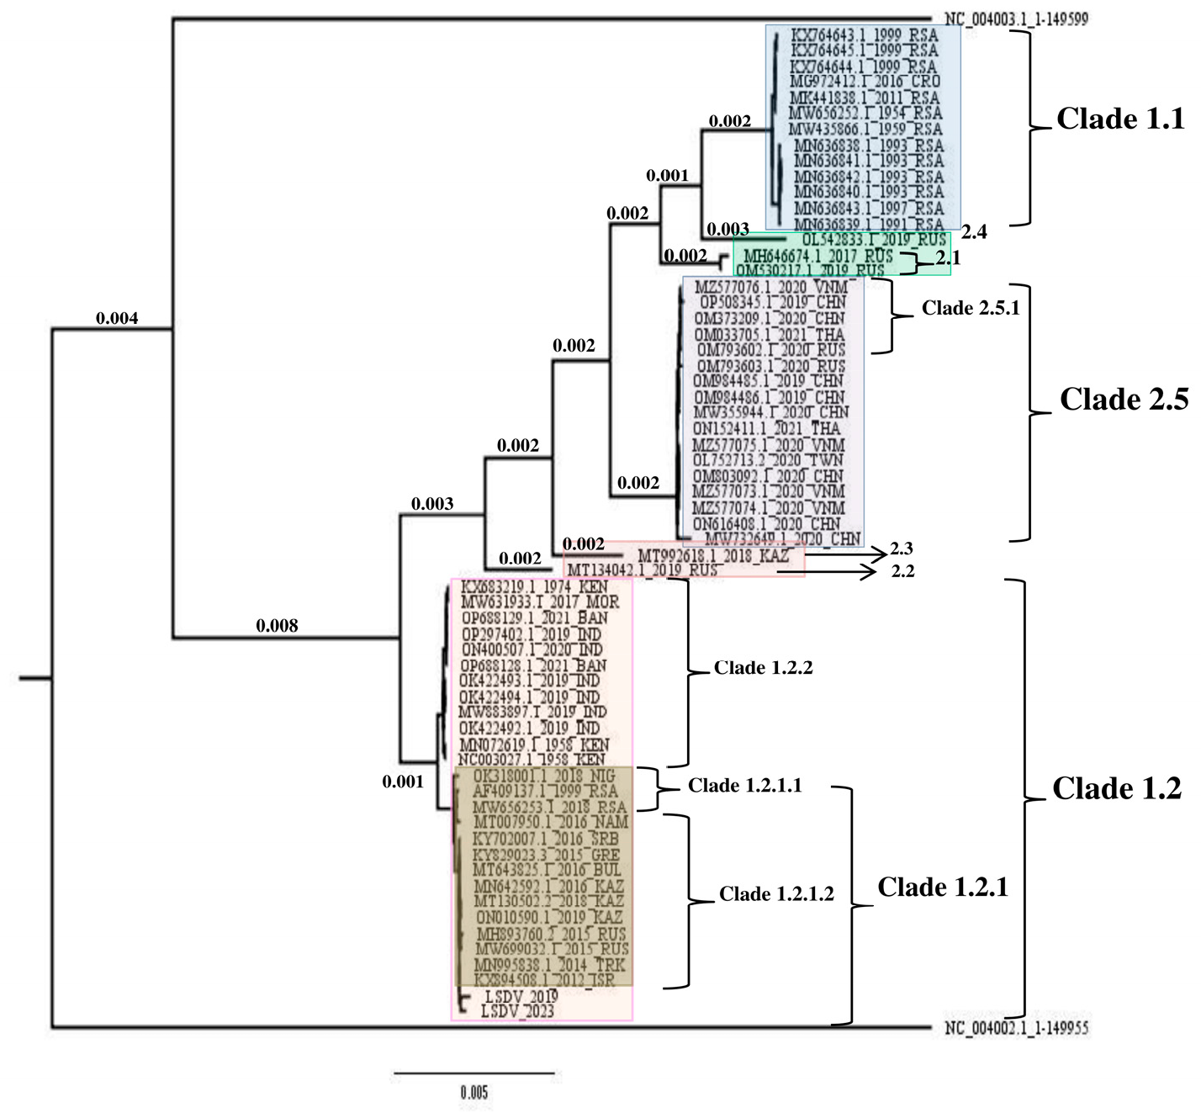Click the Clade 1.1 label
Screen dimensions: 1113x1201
[x=1119, y=119]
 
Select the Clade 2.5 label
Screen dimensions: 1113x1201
[x=1124, y=400]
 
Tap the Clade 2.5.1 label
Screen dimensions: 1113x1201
[x=970, y=309]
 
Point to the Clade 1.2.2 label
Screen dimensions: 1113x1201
[x=763, y=668]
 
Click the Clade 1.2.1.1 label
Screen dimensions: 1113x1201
[x=744, y=786]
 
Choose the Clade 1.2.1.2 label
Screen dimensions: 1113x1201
[x=775, y=894]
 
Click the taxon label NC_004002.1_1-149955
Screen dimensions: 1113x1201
[x=1016, y=1028]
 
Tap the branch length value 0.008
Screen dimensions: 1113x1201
[x=277, y=626]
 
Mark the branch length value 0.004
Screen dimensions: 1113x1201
[x=117, y=319]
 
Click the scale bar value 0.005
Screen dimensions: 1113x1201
[x=474, y=1093]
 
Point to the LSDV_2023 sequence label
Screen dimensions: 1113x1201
[x=517, y=1011]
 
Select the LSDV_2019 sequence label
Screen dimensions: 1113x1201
[x=521, y=996]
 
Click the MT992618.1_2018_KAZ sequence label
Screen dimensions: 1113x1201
[x=713, y=556]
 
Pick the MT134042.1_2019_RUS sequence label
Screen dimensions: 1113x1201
[x=643, y=570]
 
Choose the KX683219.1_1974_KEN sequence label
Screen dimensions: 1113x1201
[x=534, y=586]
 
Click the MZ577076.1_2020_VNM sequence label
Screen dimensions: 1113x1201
[x=770, y=287]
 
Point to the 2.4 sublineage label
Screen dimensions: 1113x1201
[x=974, y=232]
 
